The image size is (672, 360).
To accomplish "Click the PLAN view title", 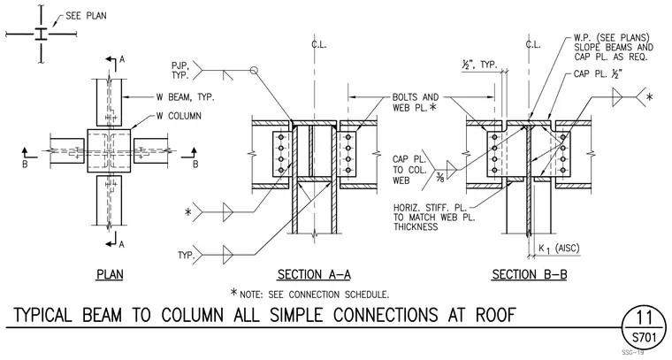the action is (111, 274).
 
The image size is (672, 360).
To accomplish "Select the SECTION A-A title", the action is (314, 274).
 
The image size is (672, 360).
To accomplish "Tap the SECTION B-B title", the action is (530, 274).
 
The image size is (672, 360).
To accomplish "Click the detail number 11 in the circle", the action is (644, 318).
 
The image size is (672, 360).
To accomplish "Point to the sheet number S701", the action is (645, 338).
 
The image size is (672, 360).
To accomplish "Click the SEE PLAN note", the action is (86, 16).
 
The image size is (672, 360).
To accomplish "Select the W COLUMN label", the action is (179, 116).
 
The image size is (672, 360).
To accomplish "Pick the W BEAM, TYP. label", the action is (185, 97).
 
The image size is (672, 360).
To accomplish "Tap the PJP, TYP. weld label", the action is (180, 70).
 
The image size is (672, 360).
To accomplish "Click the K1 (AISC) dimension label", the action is (559, 249).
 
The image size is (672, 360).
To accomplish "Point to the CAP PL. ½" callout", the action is (598, 74).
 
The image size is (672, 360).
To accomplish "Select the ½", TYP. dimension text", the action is (479, 65).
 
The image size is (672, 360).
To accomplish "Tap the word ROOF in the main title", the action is (495, 315).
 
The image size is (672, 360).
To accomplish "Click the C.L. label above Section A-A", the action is (318, 44).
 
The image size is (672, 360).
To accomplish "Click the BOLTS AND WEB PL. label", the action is (416, 103).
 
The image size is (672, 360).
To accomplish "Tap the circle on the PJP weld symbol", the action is (254, 70).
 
